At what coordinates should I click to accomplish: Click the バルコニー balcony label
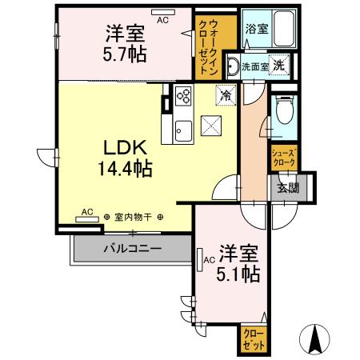132,249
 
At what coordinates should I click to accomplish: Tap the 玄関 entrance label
288,188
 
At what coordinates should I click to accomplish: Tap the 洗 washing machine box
281,66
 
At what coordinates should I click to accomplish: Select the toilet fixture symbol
282,111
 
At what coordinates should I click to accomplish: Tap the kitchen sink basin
180,128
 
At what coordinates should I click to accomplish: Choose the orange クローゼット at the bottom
254,339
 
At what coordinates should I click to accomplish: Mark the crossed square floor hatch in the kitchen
211,126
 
